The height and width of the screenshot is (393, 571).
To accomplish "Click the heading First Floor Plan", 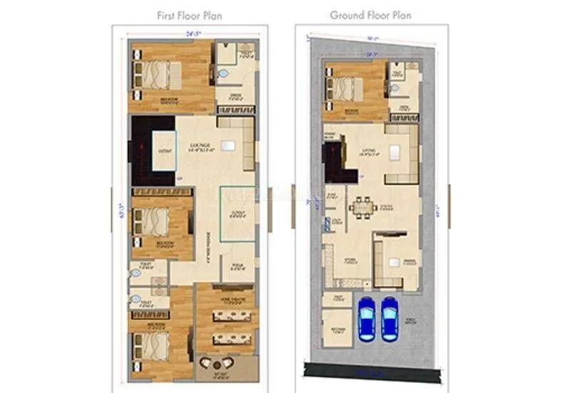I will click(x=190, y=15).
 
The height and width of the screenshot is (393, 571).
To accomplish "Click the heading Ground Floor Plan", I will click(x=371, y=15).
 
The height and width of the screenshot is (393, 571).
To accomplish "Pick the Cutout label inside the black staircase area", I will click(x=165, y=151).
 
